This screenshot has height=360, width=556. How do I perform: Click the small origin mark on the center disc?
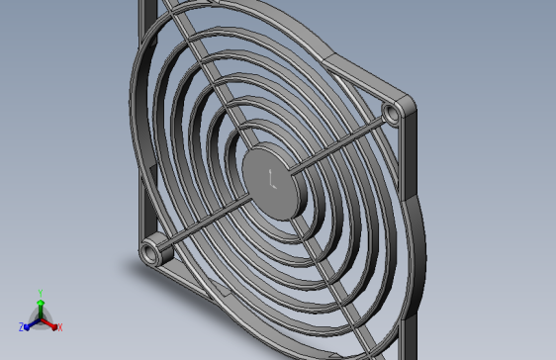pos(272,180)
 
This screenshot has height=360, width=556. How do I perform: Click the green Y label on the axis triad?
pos(40,293)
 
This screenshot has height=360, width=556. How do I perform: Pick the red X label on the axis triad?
pos(59,327)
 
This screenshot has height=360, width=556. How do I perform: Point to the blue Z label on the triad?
pos(21,326)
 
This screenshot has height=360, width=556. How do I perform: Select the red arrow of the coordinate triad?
pos(50,322)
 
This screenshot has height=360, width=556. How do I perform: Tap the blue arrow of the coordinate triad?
pos(30,322)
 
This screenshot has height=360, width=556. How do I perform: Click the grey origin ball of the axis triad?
pos(41,318)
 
